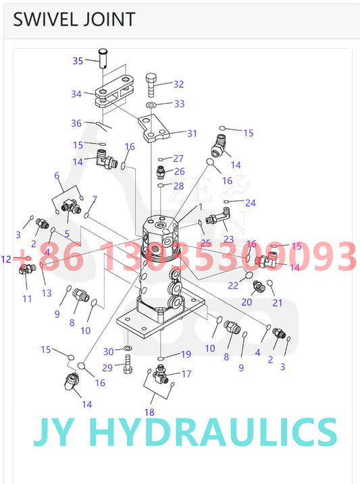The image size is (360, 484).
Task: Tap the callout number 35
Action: [78, 61]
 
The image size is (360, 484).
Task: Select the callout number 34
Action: [76, 94]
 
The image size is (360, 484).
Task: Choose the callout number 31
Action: [192, 133]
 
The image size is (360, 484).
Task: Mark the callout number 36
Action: [76, 123]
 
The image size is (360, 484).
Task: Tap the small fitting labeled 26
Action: [161, 171]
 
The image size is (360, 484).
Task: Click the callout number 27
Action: [178, 159]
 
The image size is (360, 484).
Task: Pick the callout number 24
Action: [251, 203]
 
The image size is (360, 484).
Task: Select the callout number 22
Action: [233, 285]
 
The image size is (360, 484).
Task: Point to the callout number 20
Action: [247, 302]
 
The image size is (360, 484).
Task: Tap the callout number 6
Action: [57, 176]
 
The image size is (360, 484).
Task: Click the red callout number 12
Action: [6, 259]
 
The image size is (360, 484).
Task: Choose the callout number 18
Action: [149, 412]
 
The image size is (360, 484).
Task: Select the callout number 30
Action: [108, 352]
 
